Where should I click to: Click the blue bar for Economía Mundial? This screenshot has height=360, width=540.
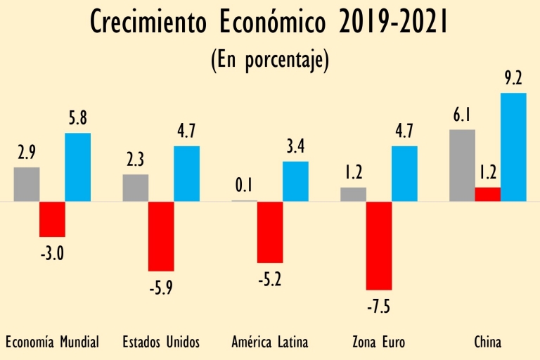[77, 167]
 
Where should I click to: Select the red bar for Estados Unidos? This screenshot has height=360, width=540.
[161, 236]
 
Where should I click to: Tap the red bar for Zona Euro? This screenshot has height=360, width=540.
[379, 245]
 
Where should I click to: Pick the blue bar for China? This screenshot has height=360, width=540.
[513, 147]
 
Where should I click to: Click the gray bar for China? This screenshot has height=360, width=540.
[462, 165]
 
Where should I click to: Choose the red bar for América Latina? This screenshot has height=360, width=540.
[270, 232]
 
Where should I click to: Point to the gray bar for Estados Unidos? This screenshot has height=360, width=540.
[136, 188]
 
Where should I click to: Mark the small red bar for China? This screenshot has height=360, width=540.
[488, 194]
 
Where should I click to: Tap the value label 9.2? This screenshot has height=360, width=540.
[514, 79]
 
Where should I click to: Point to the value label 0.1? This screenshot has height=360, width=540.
[244, 186]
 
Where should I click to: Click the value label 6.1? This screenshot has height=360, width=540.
[462, 115]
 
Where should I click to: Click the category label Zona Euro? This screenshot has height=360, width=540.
[379, 342]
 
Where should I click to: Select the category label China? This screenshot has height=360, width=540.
[488, 342]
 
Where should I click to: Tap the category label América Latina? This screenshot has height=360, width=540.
[270, 342]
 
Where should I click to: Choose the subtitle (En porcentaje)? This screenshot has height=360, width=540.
[270, 59]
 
